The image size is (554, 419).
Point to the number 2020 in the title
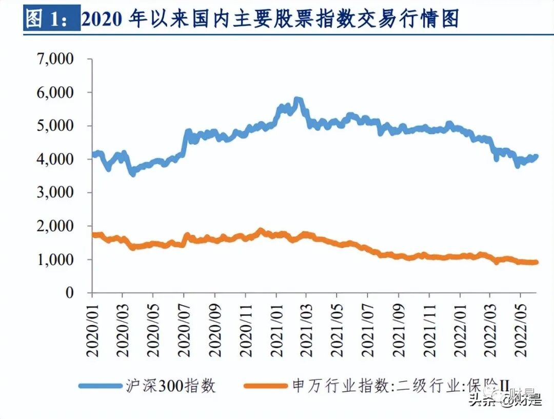pos(102,19)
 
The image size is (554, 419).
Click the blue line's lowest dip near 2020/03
pos(133,173)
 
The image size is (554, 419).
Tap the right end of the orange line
pos(536,263)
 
